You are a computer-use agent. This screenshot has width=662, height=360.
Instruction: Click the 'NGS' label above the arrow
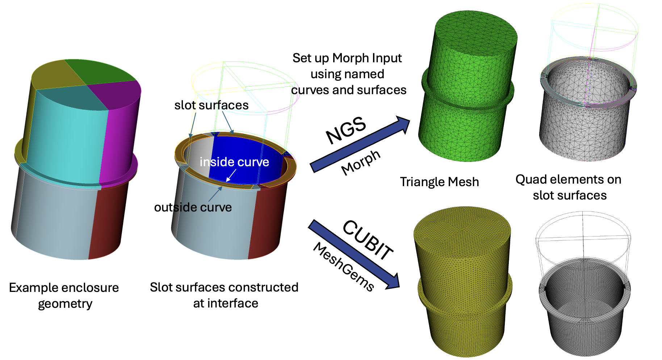coord(346,130)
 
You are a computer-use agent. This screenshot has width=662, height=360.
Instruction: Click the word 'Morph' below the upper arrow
coord(361,163)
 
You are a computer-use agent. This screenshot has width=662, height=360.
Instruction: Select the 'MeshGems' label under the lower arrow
coord(343,267)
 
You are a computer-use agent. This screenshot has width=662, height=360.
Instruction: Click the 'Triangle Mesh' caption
coord(439,182)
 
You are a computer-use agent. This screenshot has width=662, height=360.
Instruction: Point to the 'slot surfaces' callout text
coord(211,105)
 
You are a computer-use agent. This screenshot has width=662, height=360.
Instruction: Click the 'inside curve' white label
coord(234,162)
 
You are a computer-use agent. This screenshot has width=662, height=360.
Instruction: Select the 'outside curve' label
coord(193,208)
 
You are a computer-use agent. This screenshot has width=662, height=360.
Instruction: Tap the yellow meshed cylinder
coord(464,282)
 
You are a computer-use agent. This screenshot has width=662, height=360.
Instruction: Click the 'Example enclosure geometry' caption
coord(64,295)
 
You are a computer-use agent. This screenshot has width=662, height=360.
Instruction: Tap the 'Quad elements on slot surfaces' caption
coord(569,187)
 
